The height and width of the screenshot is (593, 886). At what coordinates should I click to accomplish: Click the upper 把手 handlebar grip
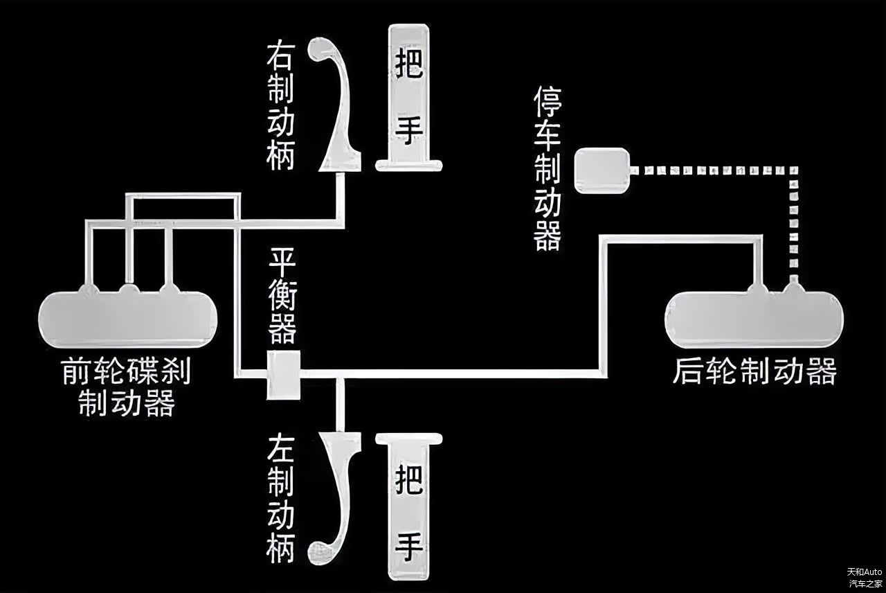410,97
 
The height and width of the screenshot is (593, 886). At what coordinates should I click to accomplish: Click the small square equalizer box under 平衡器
284,375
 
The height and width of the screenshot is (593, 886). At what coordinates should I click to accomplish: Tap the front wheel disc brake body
128,319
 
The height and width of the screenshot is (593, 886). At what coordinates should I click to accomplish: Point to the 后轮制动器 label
754,371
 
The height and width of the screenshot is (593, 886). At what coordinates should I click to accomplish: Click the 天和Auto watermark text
865,572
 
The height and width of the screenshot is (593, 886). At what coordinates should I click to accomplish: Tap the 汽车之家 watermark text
865,583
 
